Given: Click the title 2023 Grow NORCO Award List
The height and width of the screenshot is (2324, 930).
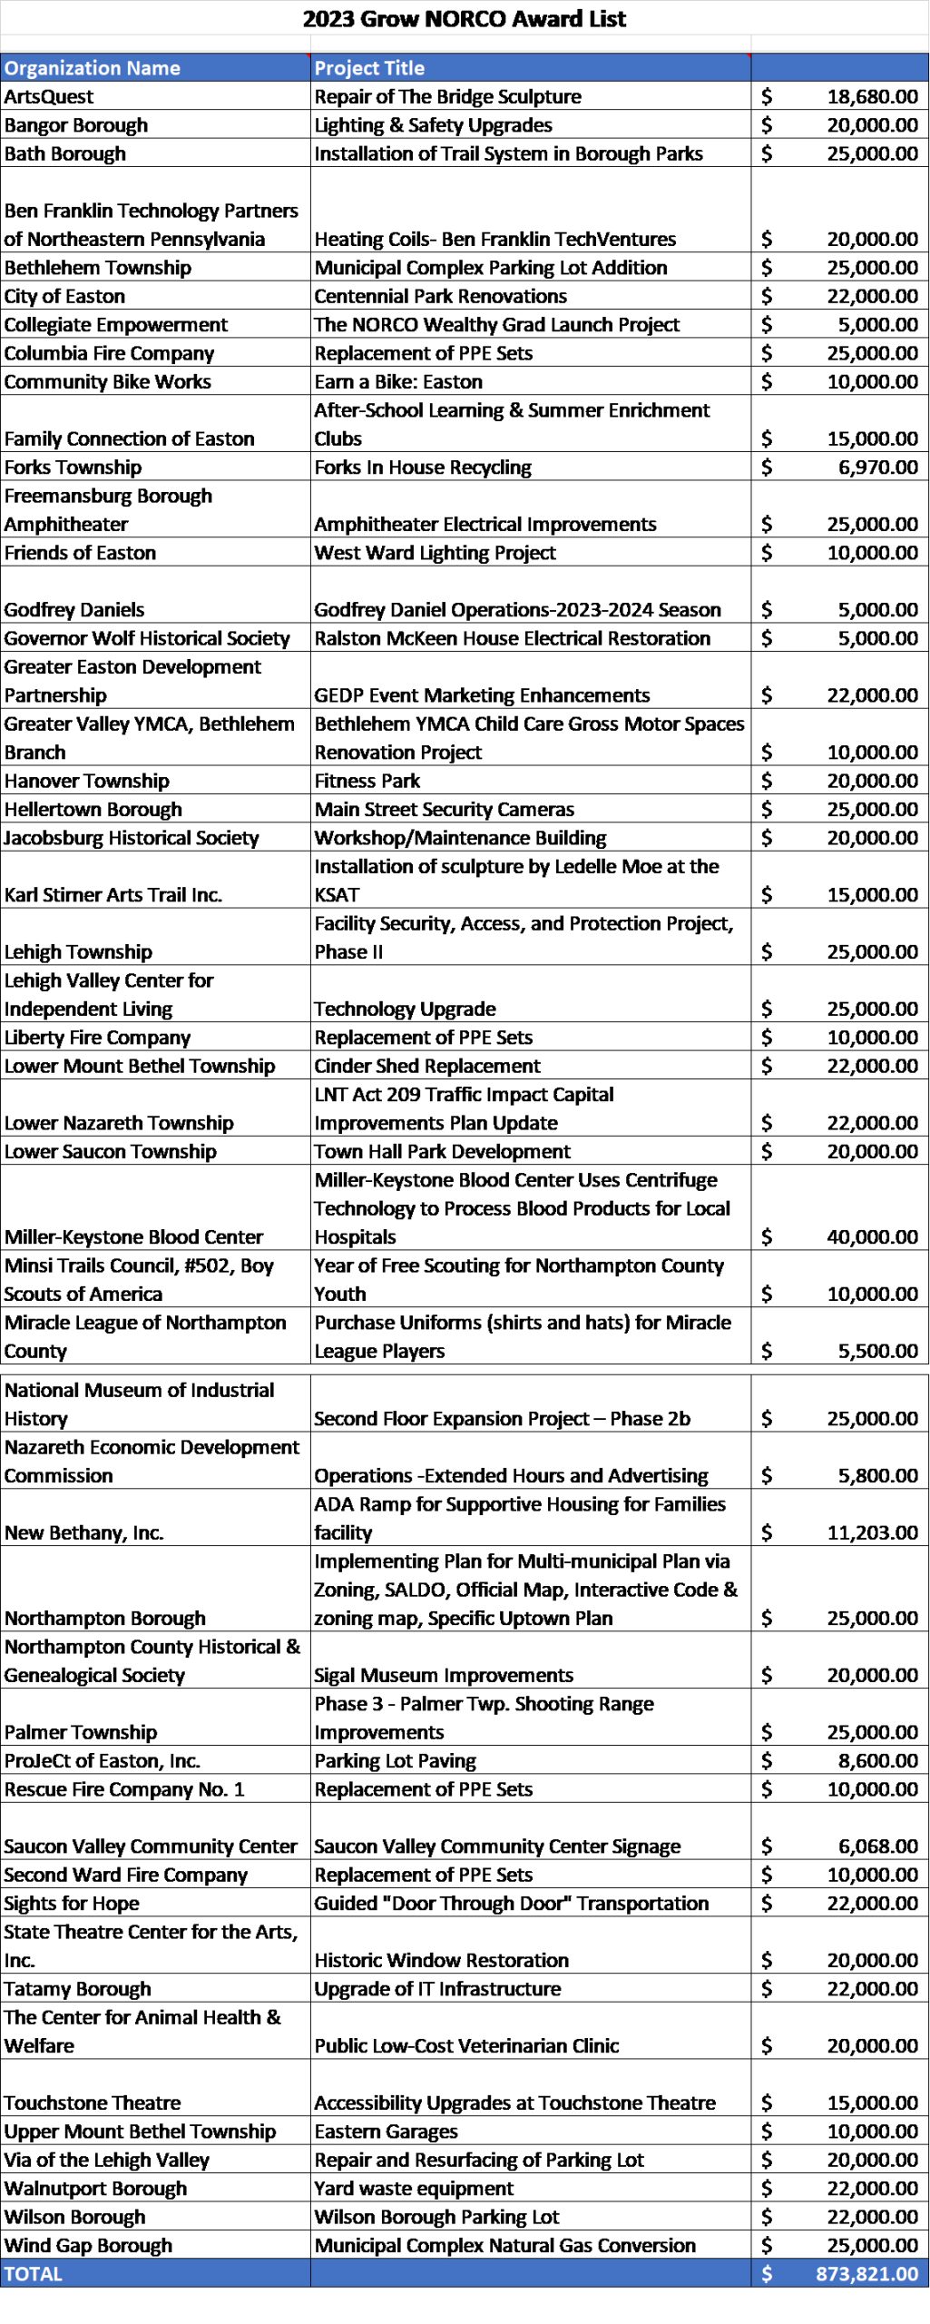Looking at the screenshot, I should pyautogui.click(x=464, y=19).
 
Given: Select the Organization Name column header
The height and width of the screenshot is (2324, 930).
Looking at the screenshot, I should pyautogui.click(x=93, y=68).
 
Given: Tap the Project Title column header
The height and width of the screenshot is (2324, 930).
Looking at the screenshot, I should pyautogui.click(x=369, y=68).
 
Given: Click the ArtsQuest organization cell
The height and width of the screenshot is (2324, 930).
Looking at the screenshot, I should pyautogui.click(x=49, y=96).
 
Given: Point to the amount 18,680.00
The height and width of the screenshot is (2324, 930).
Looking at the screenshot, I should pyautogui.click(x=872, y=96).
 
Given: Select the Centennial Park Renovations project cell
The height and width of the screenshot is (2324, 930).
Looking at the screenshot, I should pyautogui.click(x=440, y=296).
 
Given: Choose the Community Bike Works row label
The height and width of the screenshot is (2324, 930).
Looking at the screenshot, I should pyautogui.click(x=107, y=381).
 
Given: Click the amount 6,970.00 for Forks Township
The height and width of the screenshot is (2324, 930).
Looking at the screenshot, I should pyautogui.click(x=877, y=467).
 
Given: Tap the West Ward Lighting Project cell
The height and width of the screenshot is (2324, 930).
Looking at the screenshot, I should pyautogui.click(x=435, y=552).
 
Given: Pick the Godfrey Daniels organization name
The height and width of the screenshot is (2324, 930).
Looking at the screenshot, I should pyautogui.click(x=74, y=609).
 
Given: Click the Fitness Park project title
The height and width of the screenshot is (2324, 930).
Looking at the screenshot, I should pyautogui.click(x=367, y=781).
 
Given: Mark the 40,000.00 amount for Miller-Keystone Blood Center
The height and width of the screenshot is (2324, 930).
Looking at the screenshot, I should pyautogui.click(x=872, y=1236).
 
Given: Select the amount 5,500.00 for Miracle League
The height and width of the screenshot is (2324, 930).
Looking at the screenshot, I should pyautogui.click(x=877, y=1351).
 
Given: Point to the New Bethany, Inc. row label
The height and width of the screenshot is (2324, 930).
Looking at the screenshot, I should pyautogui.click(x=83, y=1532).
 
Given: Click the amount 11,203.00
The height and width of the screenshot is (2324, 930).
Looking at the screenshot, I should pyautogui.click(x=872, y=1532).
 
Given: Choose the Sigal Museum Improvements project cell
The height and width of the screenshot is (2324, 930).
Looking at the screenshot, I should pyautogui.click(x=444, y=1675).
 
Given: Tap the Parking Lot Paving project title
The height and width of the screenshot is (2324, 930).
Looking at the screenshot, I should pyautogui.click(x=395, y=1760).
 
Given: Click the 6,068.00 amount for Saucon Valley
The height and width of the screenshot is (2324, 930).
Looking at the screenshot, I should pyautogui.click(x=877, y=1846).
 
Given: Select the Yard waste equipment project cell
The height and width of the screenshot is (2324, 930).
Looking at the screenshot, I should pyautogui.click(x=414, y=2188).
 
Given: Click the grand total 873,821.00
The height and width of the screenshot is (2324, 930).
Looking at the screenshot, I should pyautogui.click(x=866, y=2274).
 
